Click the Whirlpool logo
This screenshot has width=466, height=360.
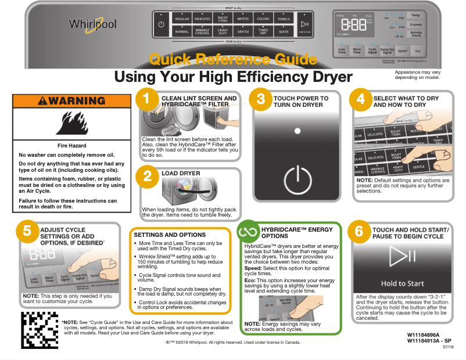(x=93, y=24)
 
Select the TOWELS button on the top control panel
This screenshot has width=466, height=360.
(x=283, y=19)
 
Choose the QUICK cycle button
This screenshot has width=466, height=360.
(x=283, y=32)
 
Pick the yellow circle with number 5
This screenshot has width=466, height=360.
(x=27, y=231)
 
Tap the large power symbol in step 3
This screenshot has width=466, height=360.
(x=297, y=175)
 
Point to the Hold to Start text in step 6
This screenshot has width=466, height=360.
(x=402, y=283)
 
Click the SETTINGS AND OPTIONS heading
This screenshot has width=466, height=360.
(x=170, y=235)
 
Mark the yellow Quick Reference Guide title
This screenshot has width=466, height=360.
(x=232, y=59)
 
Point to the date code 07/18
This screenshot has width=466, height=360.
(x=448, y=347)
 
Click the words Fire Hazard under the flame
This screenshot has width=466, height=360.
(x=72, y=145)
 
